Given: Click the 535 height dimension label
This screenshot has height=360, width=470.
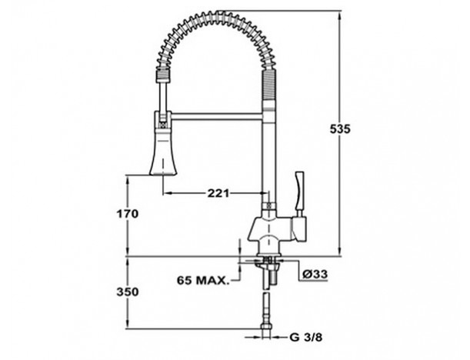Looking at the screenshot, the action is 340,129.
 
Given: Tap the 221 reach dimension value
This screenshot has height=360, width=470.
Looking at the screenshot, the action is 218,193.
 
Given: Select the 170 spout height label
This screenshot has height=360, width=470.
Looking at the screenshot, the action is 128,214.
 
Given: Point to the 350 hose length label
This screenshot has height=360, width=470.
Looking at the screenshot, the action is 128,292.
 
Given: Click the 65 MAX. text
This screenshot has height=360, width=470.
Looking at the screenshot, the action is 202,281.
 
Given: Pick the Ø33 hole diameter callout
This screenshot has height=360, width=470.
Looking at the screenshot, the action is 315,274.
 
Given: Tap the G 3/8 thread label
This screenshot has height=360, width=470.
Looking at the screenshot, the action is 306,338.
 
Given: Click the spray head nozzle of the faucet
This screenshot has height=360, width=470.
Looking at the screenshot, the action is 162,152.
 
